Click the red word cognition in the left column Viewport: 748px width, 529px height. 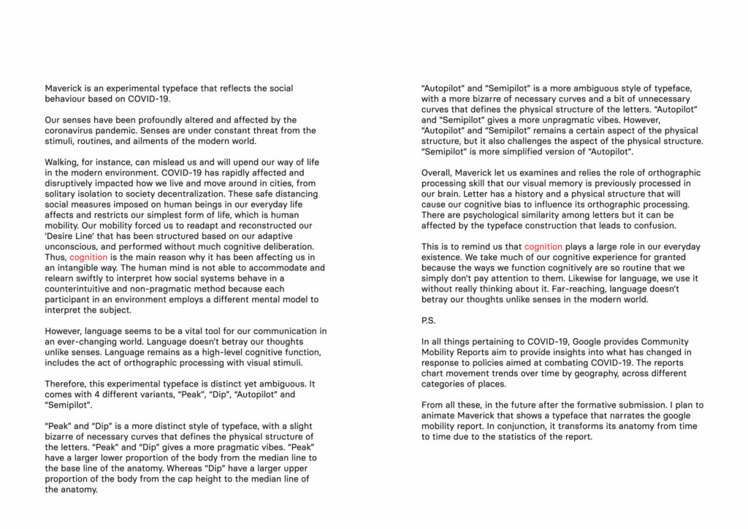[x=88, y=257]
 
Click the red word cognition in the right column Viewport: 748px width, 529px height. [x=543, y=247]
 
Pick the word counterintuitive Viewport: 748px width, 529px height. [x=81, y=289]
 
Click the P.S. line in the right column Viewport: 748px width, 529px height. [x=428, y=321]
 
